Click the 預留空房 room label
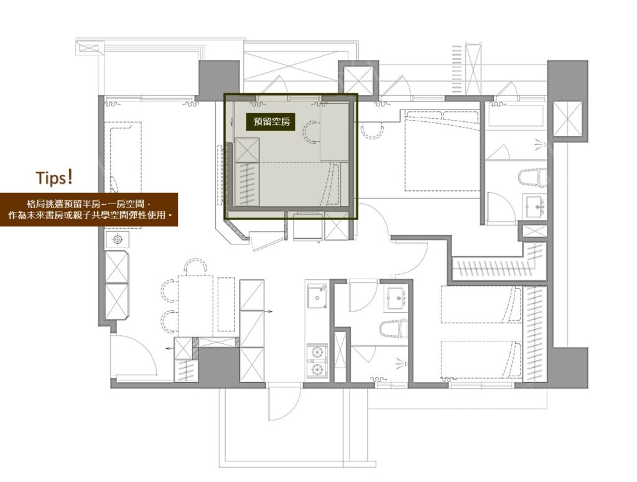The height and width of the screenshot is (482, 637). tap(272, 121)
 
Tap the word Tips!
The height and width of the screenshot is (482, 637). tap(55, 178)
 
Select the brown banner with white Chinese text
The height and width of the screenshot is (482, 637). tap(89, 210)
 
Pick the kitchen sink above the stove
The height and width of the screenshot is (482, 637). tap(317, 296)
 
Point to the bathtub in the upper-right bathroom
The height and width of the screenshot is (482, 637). tap(516, 116)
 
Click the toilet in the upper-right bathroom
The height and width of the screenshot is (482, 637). tap(532, 177)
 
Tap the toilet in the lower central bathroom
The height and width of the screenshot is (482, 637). tap(393, 328)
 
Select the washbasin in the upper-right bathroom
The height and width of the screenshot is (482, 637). tap(534, 206)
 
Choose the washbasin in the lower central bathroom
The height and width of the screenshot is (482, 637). tap(396, 299)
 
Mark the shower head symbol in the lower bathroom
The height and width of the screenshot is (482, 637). tap(401, 363)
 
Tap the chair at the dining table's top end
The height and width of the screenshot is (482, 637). tap(195, 266)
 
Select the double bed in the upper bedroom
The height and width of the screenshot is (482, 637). tap(442, 151)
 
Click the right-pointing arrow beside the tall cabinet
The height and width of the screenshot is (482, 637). tap(269, 312)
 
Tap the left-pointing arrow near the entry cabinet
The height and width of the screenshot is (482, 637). tap(170, 348)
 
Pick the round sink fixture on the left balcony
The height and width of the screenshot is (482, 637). tap(118, 240)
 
